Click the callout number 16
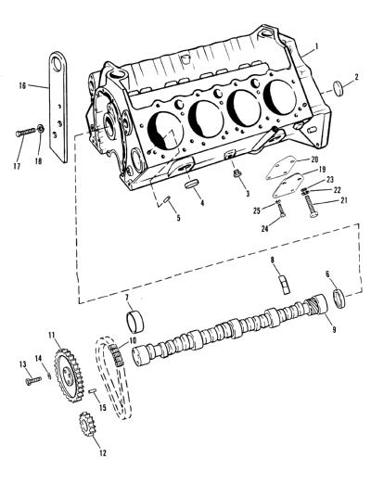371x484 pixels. point(22,85)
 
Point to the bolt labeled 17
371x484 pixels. point(26,133)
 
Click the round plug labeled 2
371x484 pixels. point(339,88)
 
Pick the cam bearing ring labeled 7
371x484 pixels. point(135,323)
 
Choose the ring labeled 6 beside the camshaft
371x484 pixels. point(339,299)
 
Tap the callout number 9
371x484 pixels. point(334,330)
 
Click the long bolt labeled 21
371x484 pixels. point(312,207)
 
